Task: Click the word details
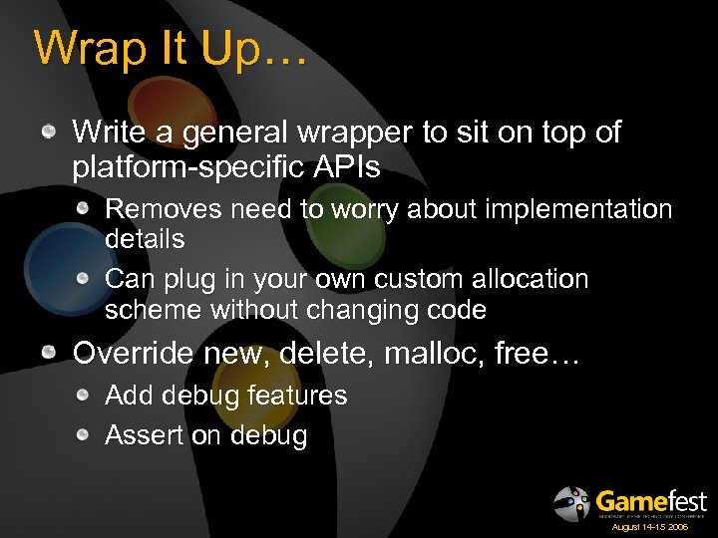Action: (x=145, y=239)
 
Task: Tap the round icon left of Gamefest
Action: (x=571, y=503)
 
